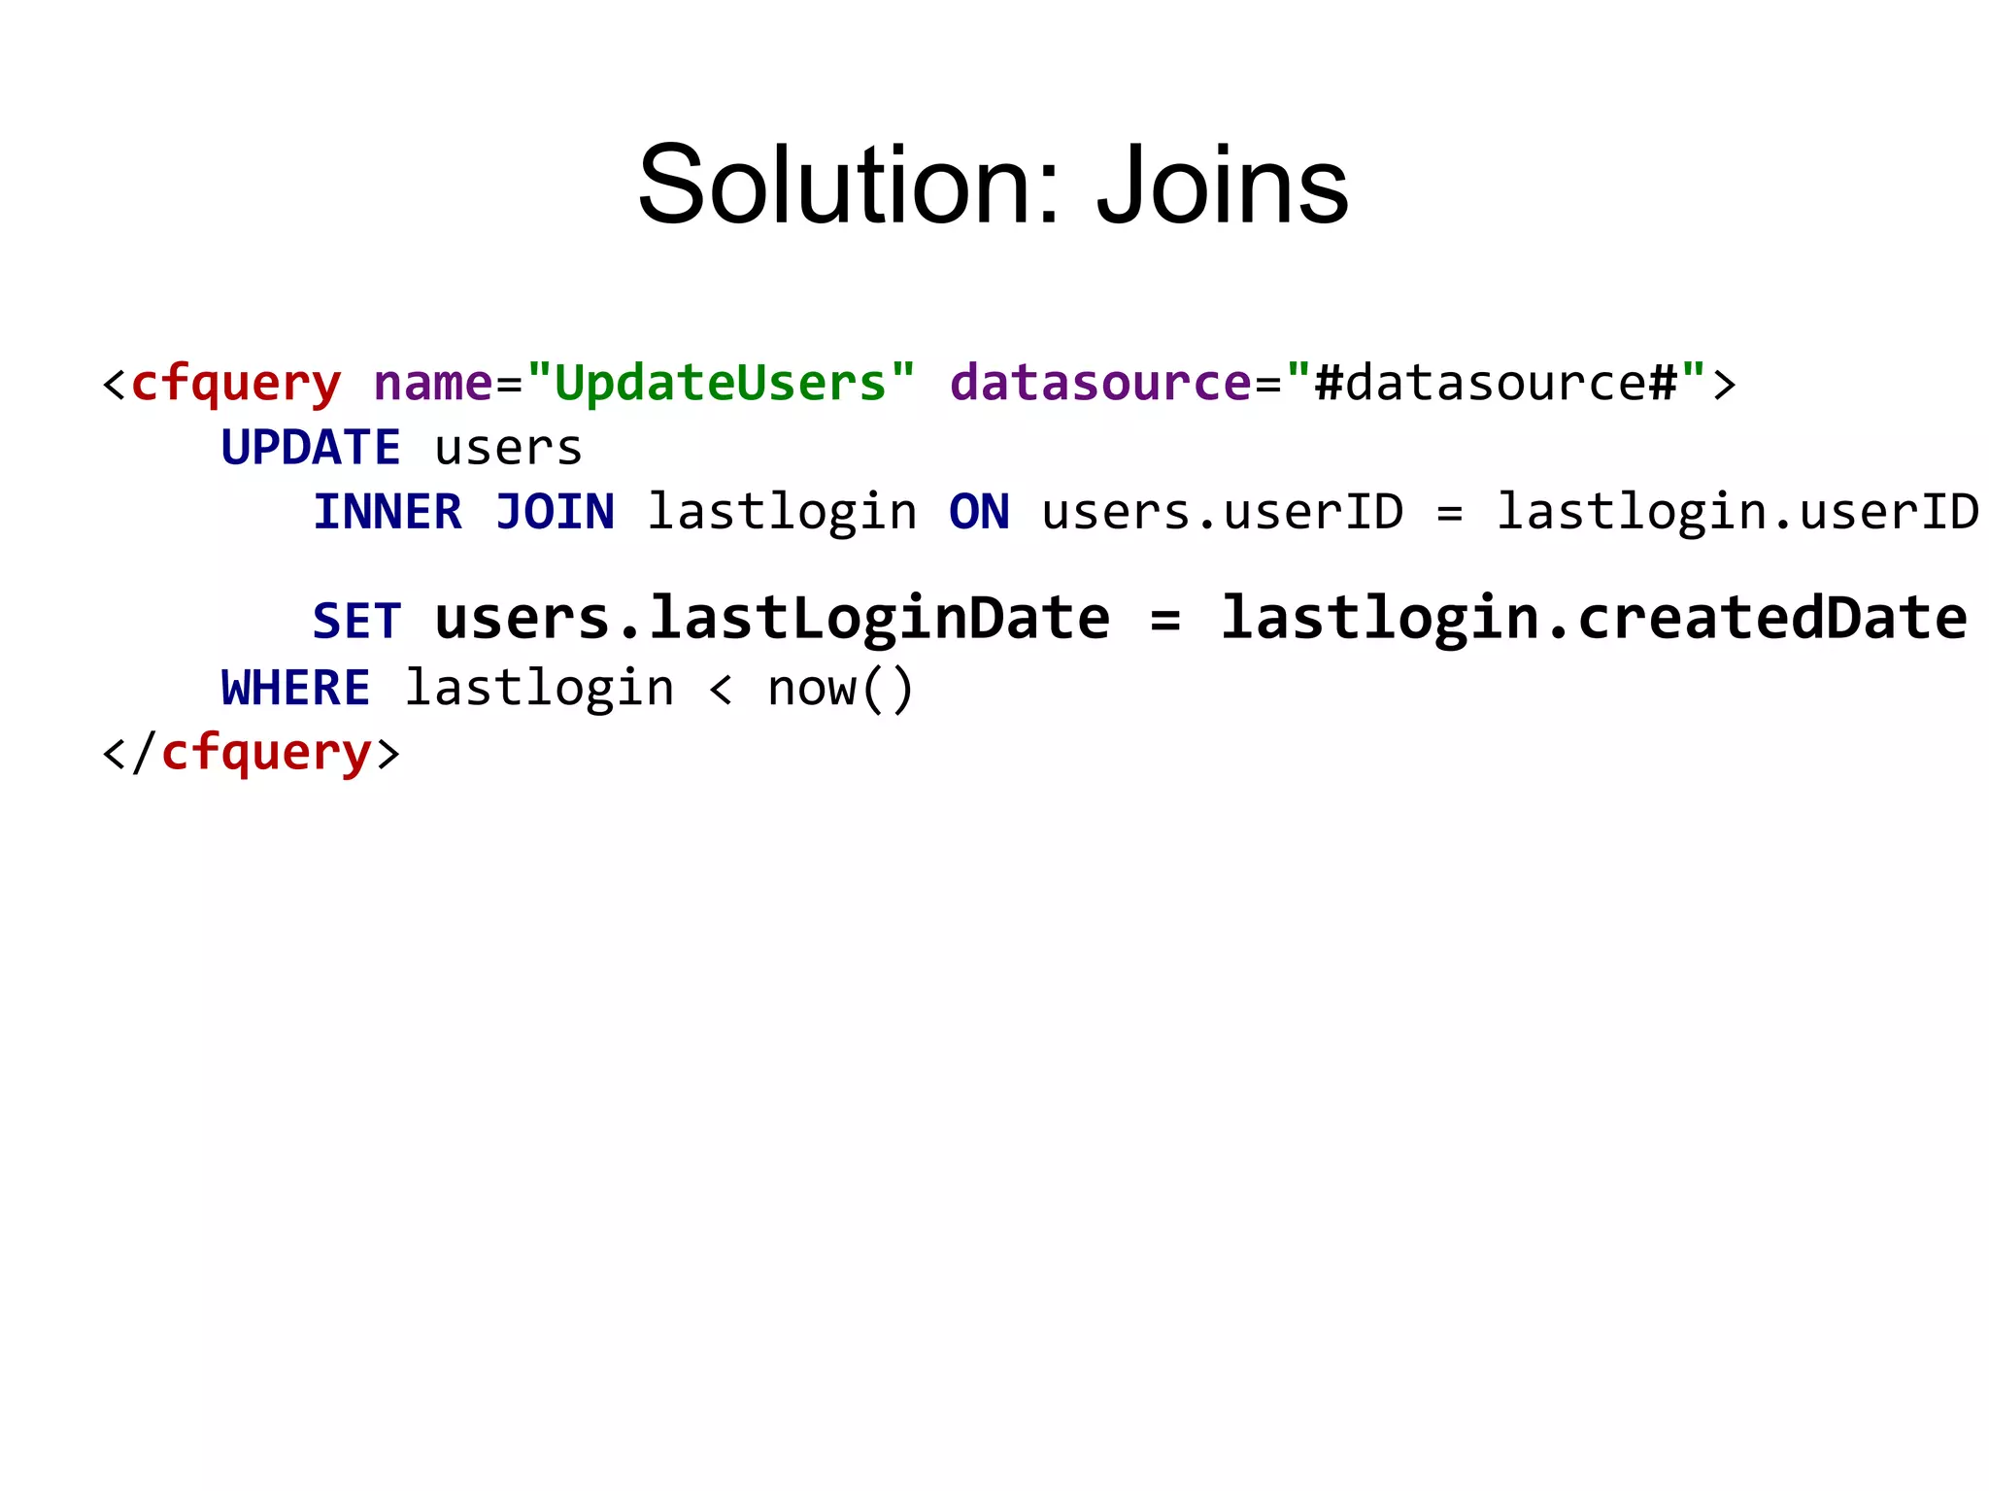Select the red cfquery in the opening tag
(x=235, y=384)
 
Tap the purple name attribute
(x=433, y=383)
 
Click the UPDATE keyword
(x=310, y=448)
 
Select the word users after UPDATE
(x=508, y=449)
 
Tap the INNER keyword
(x=387, y=512)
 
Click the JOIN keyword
(x=555, y=512)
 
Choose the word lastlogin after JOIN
(x=782, y=513)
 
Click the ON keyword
(x=979, y=512)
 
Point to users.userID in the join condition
(x=1222, y=512)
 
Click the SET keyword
(x=356, y=621)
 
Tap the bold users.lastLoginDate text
(x=772, y=619)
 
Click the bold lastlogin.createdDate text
(x=1593, y=619)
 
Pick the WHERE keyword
(x=295, y=688)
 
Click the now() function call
(x=840, y=689)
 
